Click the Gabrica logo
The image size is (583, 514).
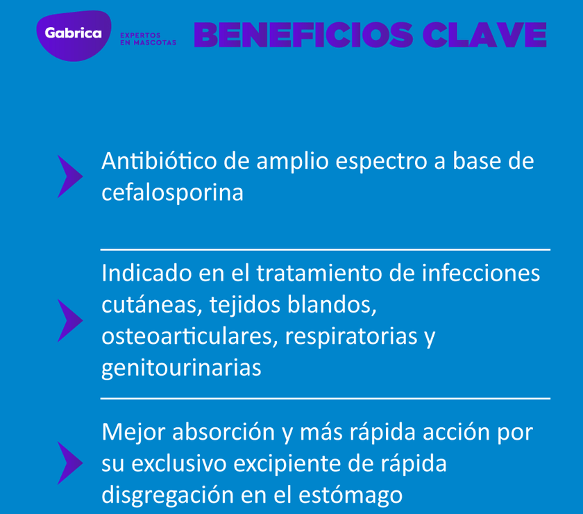coord(73,34)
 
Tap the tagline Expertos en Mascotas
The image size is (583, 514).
coord(148,38)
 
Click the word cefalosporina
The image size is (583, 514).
coord(172,192)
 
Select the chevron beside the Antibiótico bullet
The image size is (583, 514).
coord(69,176)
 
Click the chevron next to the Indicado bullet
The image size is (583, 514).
coord(69,320)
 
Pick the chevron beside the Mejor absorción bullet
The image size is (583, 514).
coord(69,463)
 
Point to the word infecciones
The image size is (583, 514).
coord(480,272)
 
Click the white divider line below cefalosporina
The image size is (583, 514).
coord(325,249)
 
